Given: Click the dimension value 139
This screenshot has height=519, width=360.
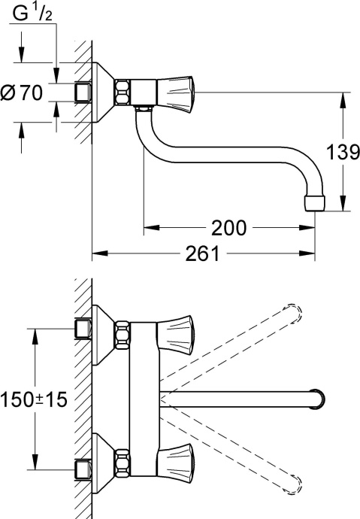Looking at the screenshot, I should pyautogui.click(x=342, y=152).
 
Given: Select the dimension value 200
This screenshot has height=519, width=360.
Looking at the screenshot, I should pyautogui.click(x=228, y=227).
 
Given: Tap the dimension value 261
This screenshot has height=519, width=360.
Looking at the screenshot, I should pyautogui.click(x=203, y=254).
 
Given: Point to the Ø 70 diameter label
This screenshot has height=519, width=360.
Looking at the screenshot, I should pyautogui.click(x=23, y=94).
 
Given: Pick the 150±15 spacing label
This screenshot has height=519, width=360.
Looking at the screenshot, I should pyautogui.click(x=34, y=399).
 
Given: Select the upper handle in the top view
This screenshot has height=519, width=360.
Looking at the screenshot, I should pyautogui.click(x=177, y=329).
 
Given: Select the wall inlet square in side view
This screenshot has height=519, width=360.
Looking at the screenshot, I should pyautogui.click(x=83, y=93).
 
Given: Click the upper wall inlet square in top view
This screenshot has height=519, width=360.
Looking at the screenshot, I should pyautogui.click(x=82, y=329).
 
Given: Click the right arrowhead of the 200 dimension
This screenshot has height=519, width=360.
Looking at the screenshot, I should pyautogui.click(x=309, y=226).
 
